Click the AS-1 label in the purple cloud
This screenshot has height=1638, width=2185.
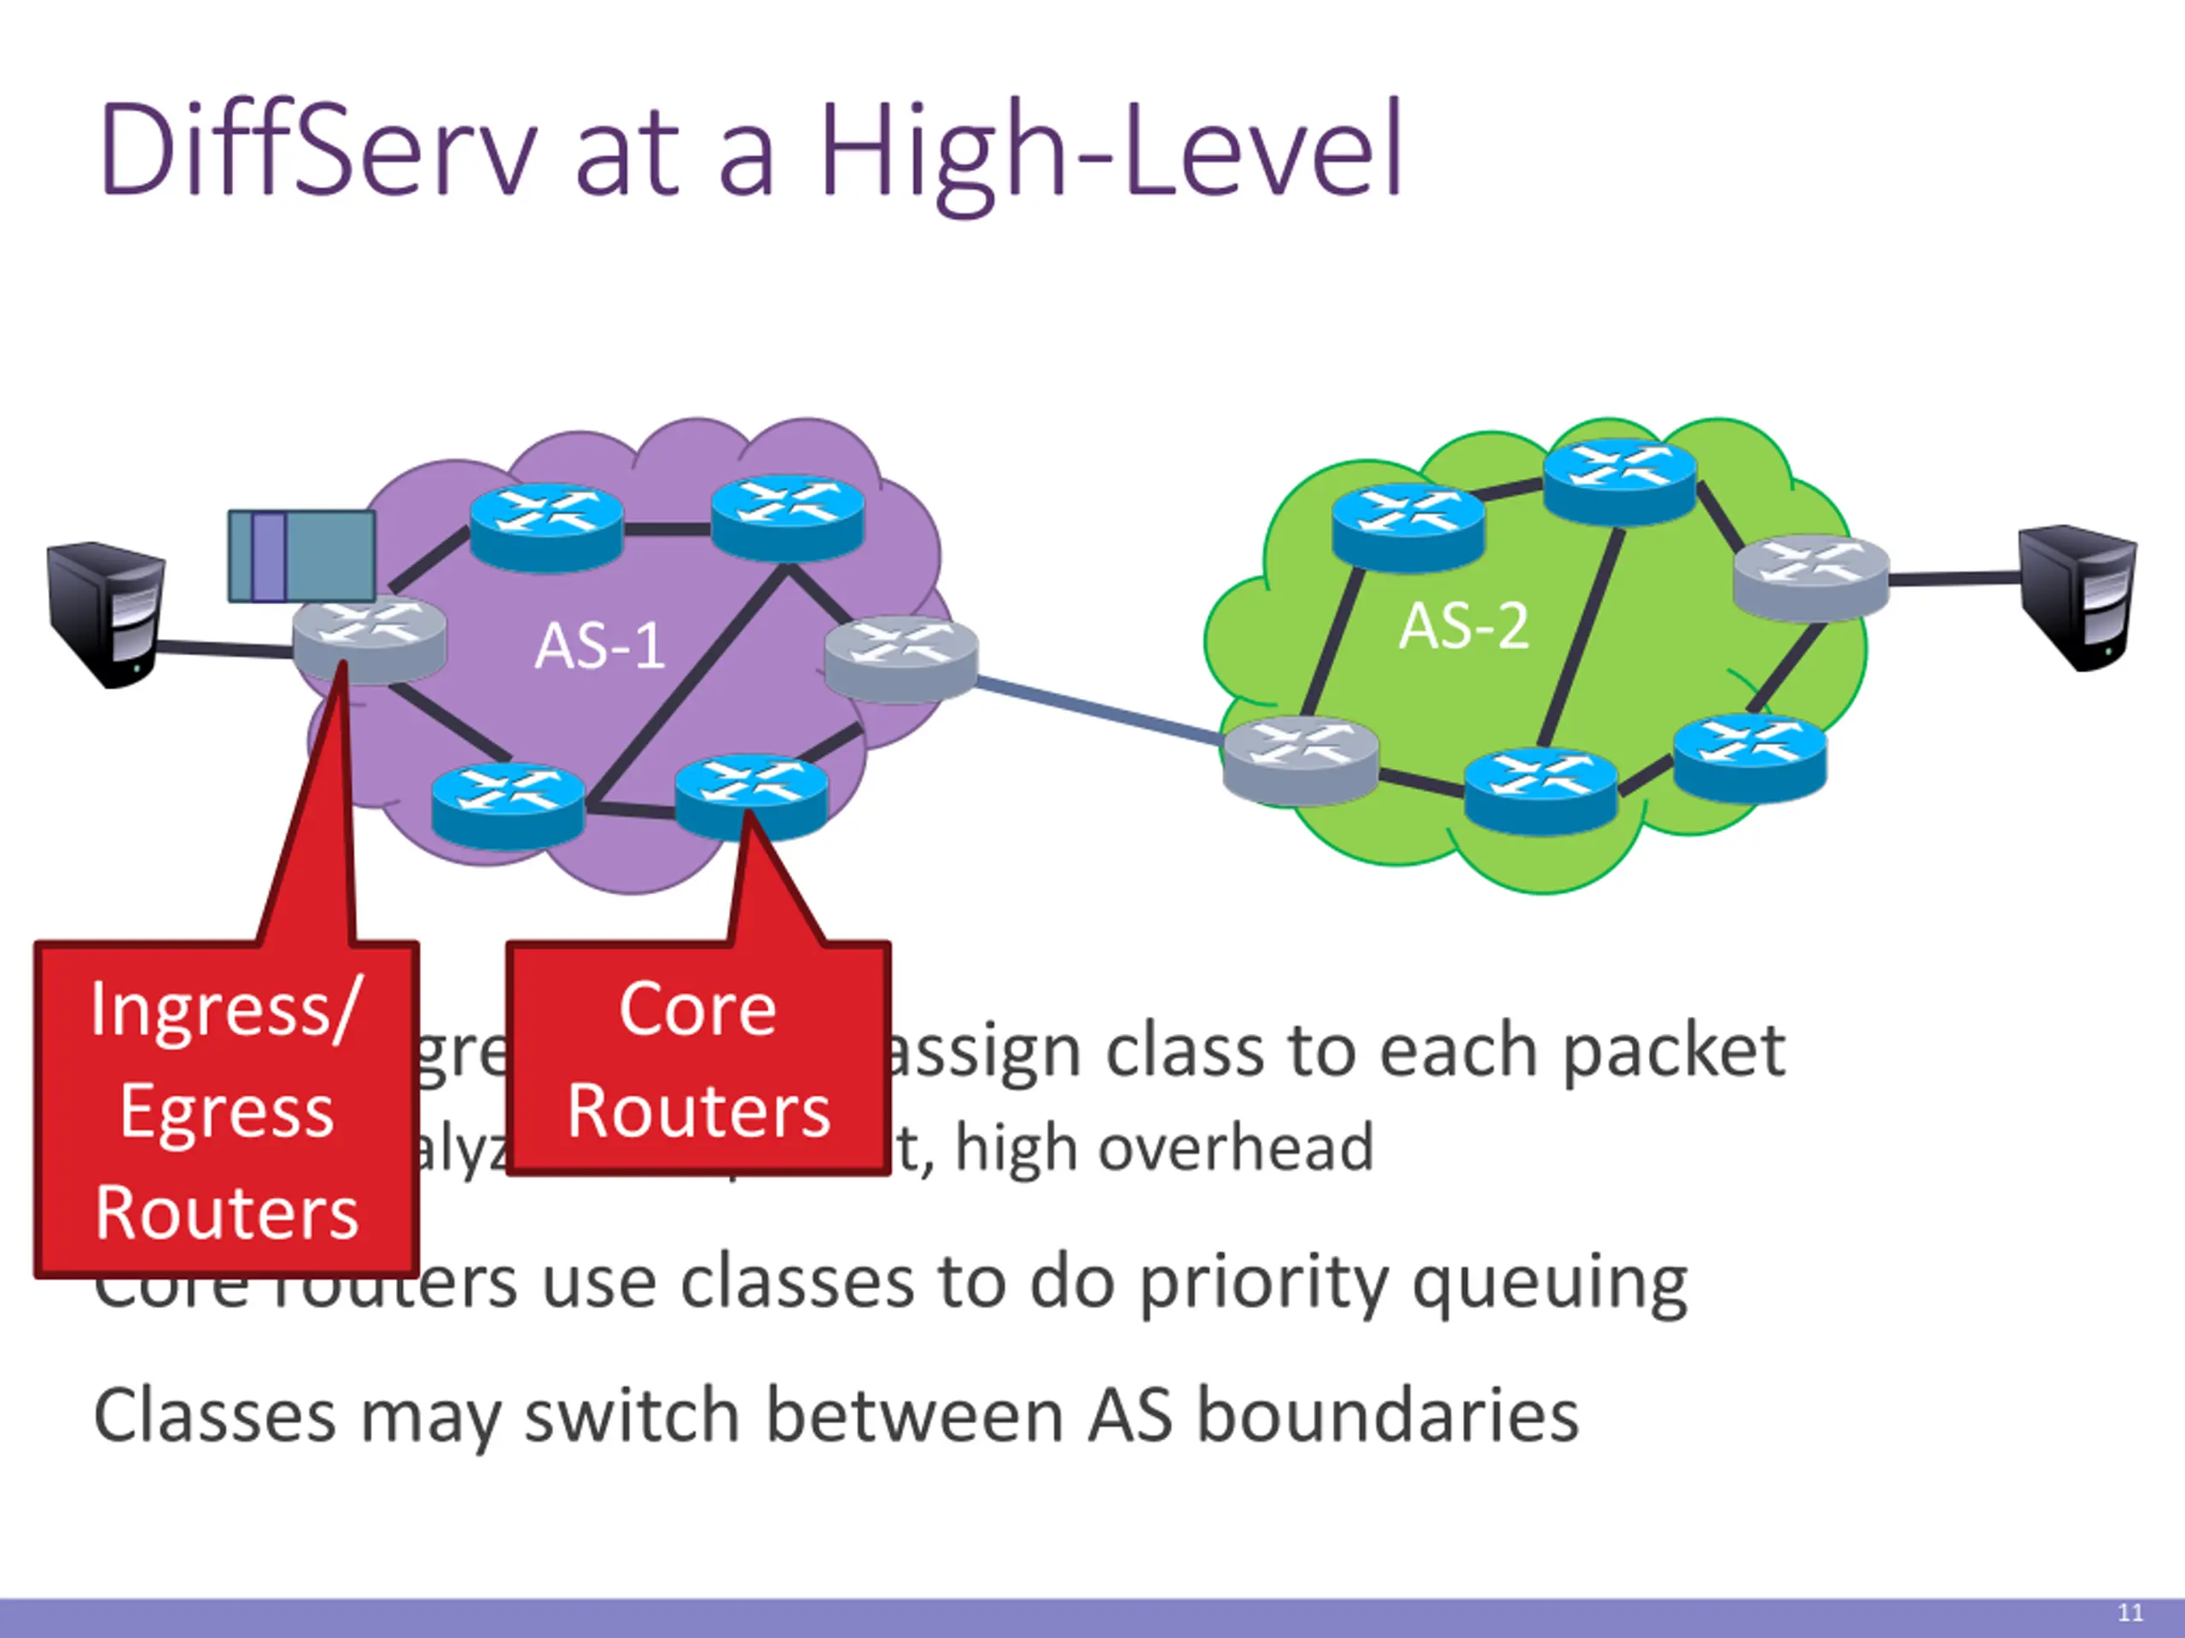coord(598,647)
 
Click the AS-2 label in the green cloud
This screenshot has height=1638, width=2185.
coord(1464,626)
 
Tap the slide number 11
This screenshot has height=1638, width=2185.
coord(2130,1612)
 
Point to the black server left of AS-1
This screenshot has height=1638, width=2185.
coord(107,613)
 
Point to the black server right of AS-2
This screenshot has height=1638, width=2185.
coord(2077,596)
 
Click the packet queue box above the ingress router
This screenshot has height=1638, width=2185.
coord(301,556)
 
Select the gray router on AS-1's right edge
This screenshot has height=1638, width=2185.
coord(900,659)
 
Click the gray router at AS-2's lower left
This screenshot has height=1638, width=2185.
coord(1299,759)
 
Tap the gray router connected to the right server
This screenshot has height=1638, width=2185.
coord(1810,577)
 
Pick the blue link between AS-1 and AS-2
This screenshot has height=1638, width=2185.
coord(1098,707)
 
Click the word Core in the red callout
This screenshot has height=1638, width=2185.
coord(697,1010)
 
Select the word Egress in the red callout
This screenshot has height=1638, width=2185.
coord(227,1112)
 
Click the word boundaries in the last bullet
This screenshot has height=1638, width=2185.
coord(1387,1414)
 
